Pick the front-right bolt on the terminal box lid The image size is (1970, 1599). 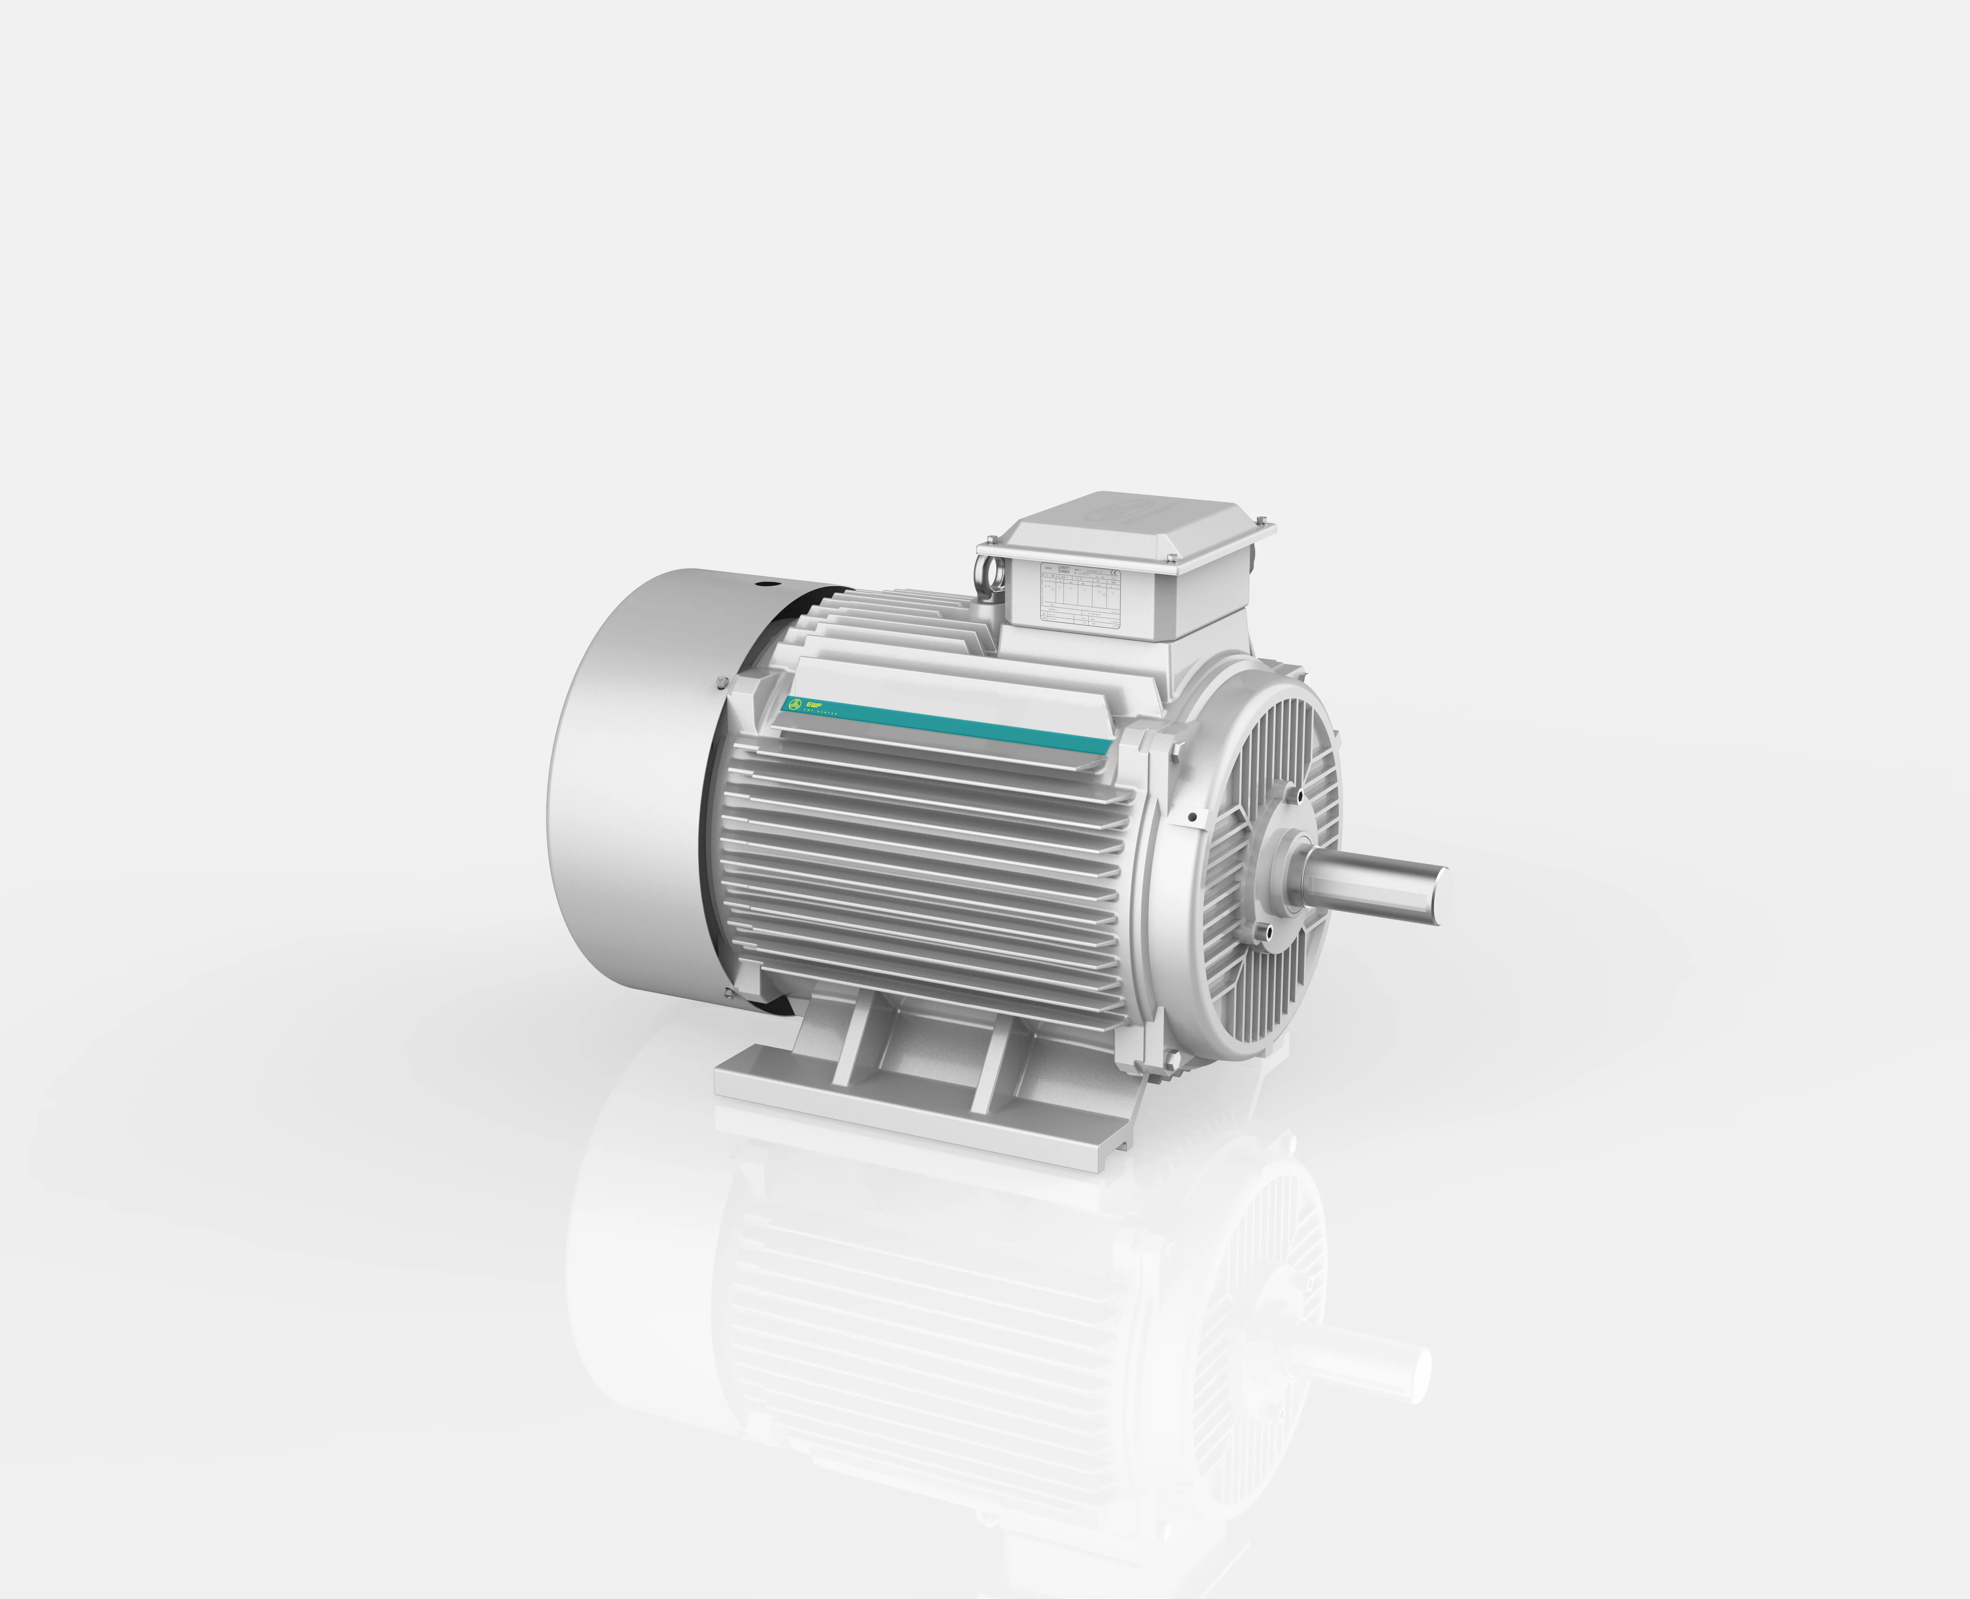[1171, 557]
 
